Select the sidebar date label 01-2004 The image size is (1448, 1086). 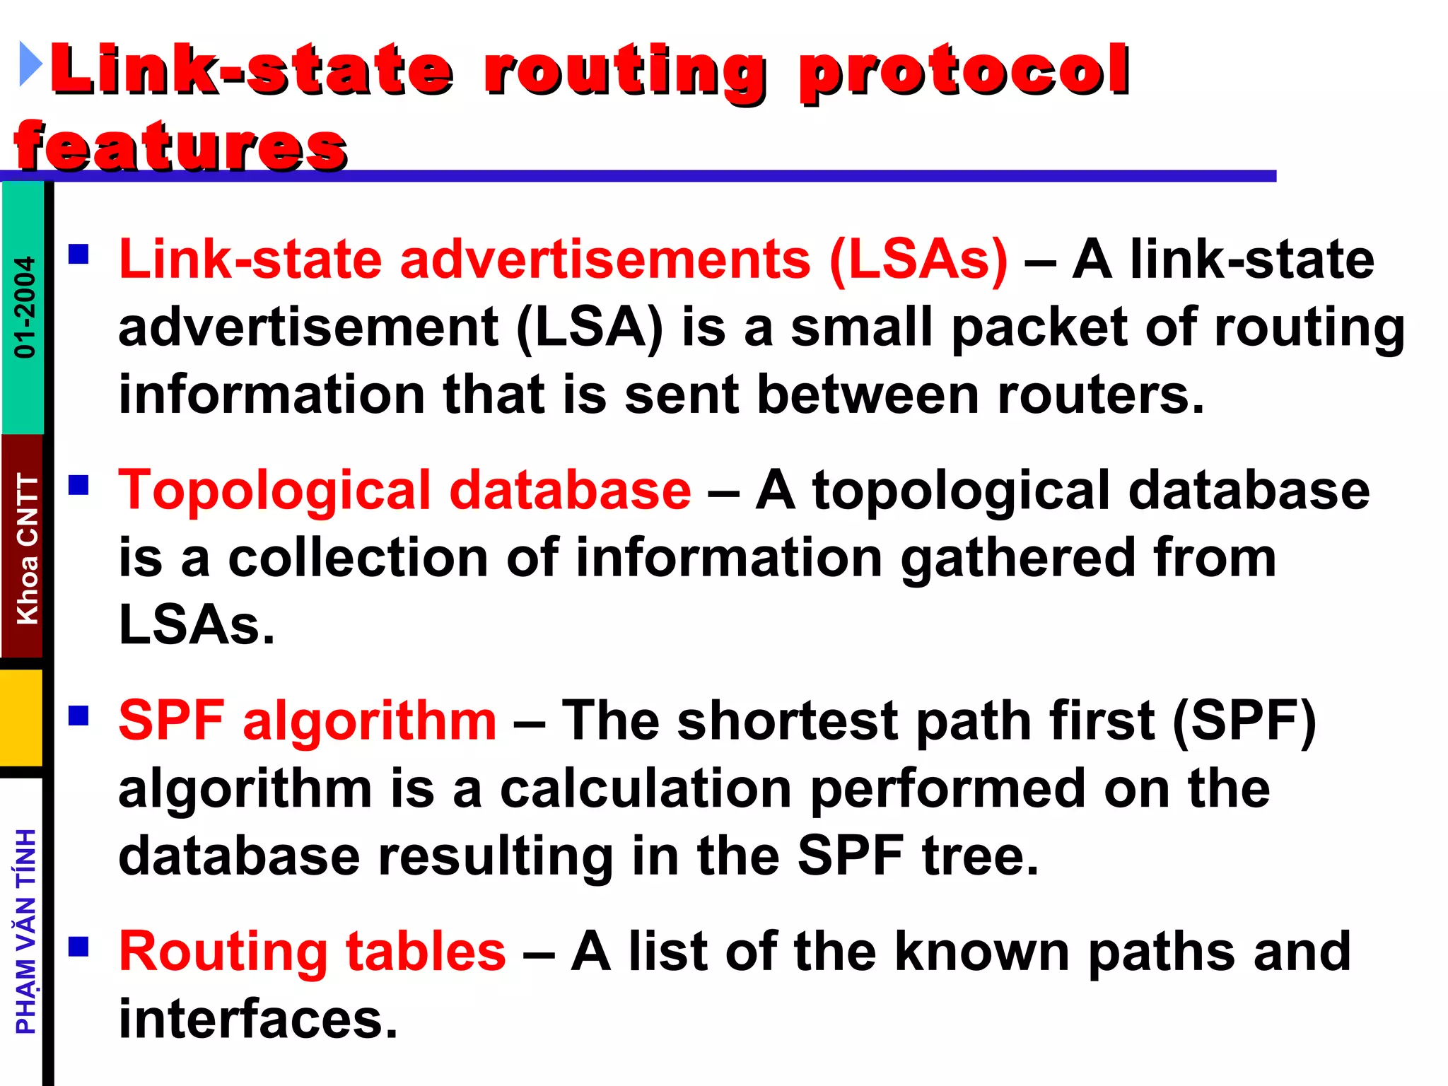point(24,307)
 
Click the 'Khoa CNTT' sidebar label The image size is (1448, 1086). point(27,549)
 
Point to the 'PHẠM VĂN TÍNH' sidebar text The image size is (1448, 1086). point(25,931)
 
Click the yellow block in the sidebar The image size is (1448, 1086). point(21,718)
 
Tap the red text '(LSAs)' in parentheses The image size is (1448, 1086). point(918,259)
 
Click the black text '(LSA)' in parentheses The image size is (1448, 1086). point(590,327)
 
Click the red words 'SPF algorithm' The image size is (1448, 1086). point(308,720)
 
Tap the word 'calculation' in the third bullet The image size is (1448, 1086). point(646,788)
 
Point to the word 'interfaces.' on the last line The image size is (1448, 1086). point(258,1019)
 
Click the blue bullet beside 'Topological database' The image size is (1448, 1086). point(78,485)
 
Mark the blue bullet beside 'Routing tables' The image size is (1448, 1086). point(78,946)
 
